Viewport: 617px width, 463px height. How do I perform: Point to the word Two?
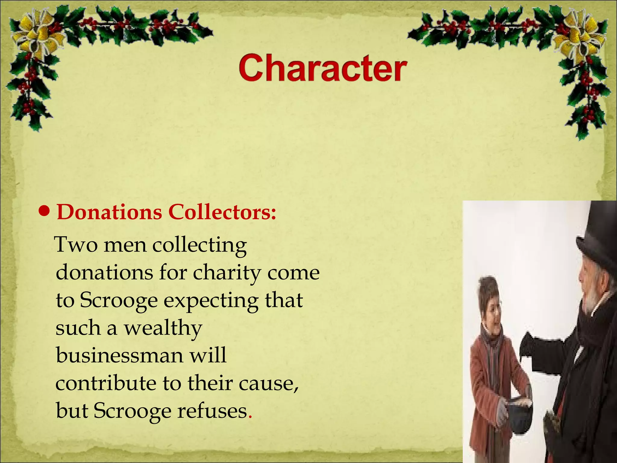[77, 245]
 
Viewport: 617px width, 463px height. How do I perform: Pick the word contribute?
[106, 383]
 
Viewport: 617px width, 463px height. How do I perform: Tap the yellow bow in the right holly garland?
[580, 38]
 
